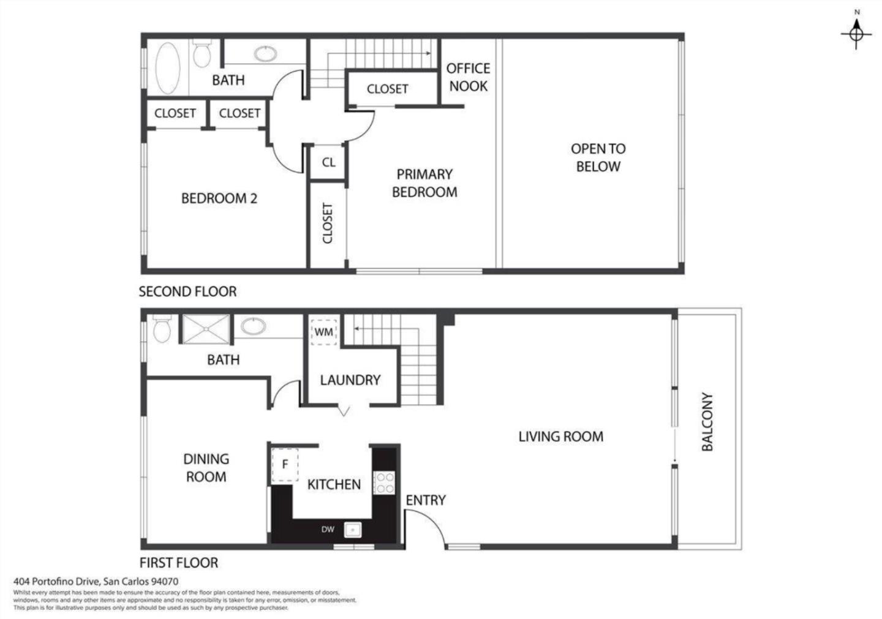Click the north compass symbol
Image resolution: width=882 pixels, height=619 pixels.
click(x=856, y=33)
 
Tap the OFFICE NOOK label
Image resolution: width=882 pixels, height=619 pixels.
click(x=468, y=77)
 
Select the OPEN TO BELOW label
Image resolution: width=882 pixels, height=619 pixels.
click(x=598, y=157)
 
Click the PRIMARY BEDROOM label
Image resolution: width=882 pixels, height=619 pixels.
click(x=424, y=183)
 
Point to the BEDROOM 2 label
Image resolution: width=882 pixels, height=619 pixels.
click(x=219, y=198)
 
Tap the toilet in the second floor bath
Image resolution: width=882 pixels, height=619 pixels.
click(x=201, y=54)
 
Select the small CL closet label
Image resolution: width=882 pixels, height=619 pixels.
click(x=328, y=162)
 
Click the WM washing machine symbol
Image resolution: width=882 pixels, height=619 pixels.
click(x=323, y=332)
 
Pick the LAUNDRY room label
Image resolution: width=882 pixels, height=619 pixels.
click(x=350, y=380)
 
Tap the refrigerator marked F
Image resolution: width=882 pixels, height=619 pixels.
click(x=285, y=465)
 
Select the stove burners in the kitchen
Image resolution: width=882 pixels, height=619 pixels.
click(x=384, y=482)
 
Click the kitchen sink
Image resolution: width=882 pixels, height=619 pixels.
click(x=352, y=530)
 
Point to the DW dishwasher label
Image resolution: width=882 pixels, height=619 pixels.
click(x=328, y=530)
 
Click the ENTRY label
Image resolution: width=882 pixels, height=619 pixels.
click(x=425, y=500)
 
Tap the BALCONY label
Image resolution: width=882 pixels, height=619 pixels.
click(x=707, y=422)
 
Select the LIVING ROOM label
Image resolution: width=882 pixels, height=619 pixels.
click(x=560, y=437)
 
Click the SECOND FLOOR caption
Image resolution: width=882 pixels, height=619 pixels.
click(x=187, y=291)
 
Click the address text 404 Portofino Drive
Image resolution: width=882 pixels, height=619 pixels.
click(x=96, y=582)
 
